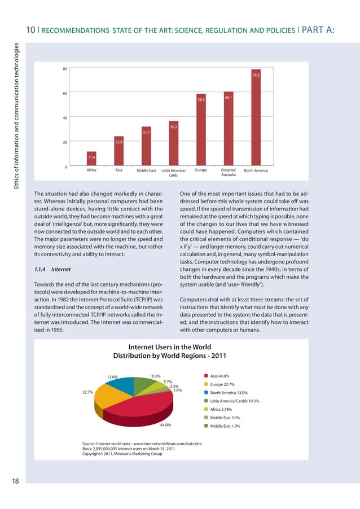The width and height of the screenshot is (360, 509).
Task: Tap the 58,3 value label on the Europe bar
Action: coord(201,100)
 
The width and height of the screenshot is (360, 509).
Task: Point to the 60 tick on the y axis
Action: coord(65,93)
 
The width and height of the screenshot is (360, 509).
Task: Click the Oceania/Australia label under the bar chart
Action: coord(229,172)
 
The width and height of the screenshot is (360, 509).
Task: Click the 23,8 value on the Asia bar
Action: coord(119,142)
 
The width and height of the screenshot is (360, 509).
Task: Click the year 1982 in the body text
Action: coord(72,300)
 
